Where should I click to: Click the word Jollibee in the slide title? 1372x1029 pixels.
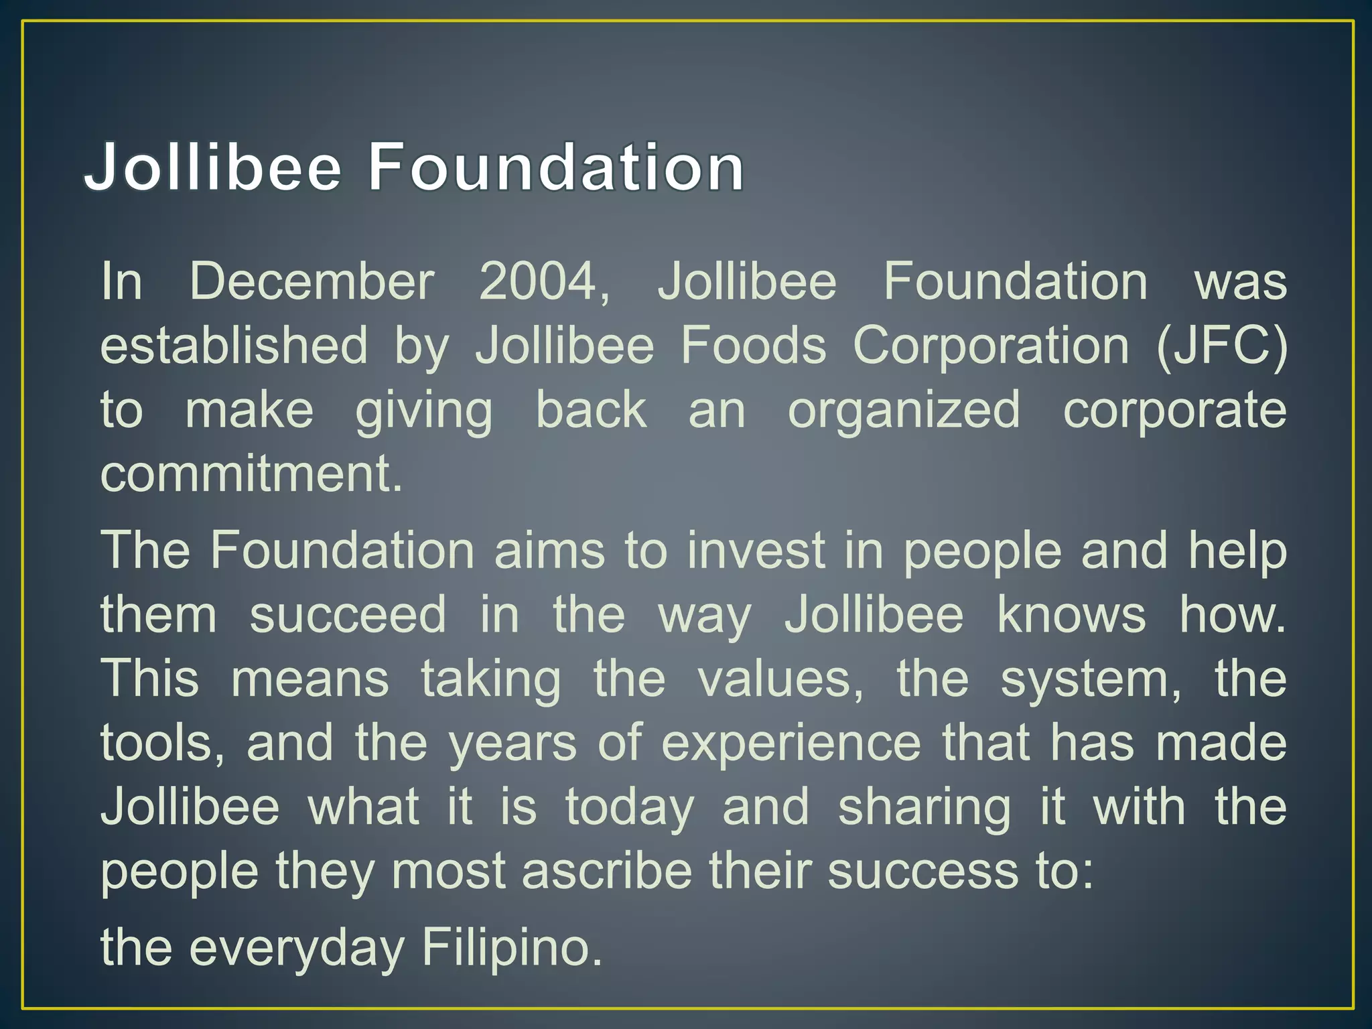pyautogui.click(x=213, y=167)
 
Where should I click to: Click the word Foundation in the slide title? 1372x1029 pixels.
pyautogui.click(x=556, y=167)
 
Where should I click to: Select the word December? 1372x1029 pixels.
pyautogui.click(x=312, y=281)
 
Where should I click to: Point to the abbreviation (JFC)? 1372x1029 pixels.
pyautogui.click(x=1221, y=346)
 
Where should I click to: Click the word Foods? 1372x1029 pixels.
pyautogui.click(x=753, y=346)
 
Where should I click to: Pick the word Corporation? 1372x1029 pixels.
pyautogui.click(x=991, y=346)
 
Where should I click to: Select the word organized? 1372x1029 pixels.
pyautogui.click(x=904, y=411)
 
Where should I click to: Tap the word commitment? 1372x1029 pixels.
pyautogui.click(x=251, y=474)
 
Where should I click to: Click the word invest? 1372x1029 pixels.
pyautogui.click(x=756, y=551)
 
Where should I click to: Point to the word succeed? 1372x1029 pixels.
pyautogui.click(x=348, y=615)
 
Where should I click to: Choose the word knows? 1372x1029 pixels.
pyautogui.click(x=1071, y=615)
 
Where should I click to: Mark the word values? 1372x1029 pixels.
pyautogui.click(x=780, y=679)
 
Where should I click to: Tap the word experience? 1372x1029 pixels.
pyautogui.click(x=791, y=743)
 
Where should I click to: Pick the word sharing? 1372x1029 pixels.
pyautogui.click(x=924, y=807)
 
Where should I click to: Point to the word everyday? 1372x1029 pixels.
pyautogui.click(x=297, y=948)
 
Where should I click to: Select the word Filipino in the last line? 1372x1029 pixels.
pyautogui.click(x=512, y=948)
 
